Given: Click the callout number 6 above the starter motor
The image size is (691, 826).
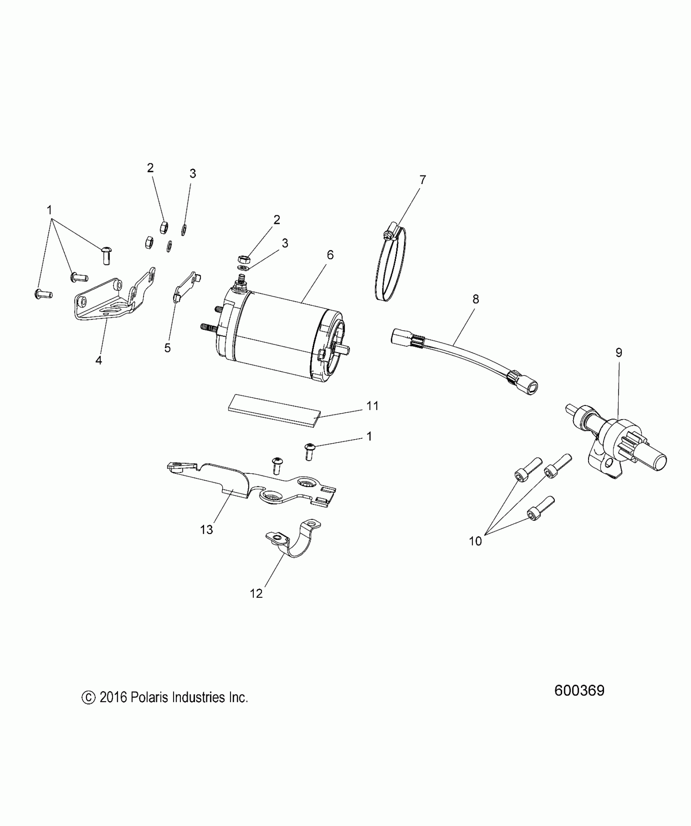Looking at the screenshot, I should tap(330, 255).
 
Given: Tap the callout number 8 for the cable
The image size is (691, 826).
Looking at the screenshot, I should tap(476, 299).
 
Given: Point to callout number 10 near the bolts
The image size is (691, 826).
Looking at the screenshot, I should tap(475, 541).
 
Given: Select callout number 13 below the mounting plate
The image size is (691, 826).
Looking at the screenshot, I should tap(206, 529).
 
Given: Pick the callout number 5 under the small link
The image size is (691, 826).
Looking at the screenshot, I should tap(167, 348).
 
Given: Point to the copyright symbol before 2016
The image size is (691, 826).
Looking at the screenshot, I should tap(88, 698).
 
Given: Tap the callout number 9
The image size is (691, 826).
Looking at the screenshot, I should tap(619, 353).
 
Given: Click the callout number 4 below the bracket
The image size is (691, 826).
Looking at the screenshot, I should tap(99, 360).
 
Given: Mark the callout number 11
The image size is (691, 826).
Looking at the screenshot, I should tap(372, 405).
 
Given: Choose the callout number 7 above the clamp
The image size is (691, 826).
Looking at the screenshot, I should tap(423, 180).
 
